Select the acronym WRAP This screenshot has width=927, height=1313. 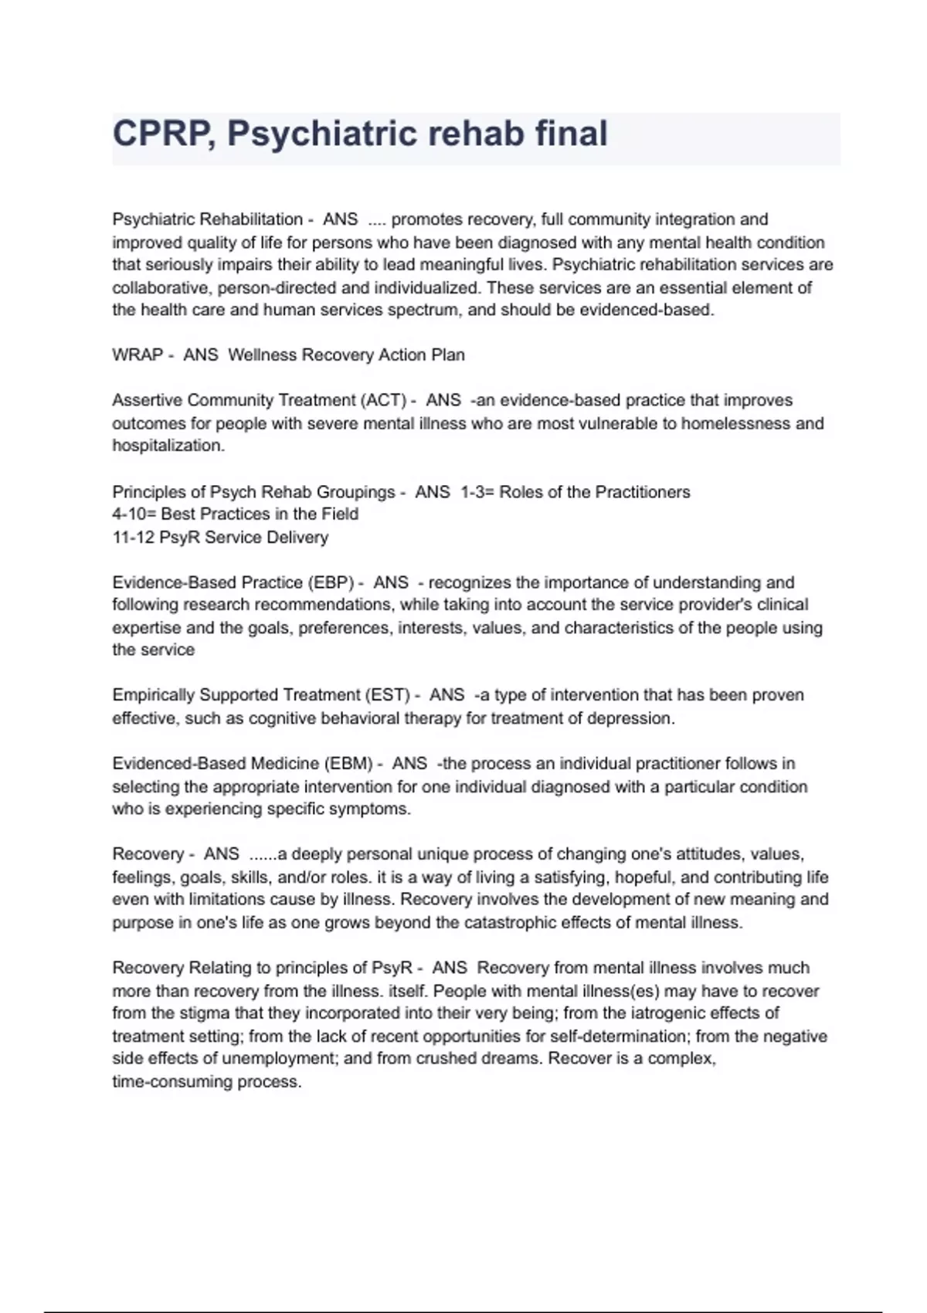pyautogui.click(x=138, y=355)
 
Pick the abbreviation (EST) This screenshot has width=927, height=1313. pyautogui.click(x=386, y=695)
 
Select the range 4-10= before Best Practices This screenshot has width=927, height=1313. pyautogui.click(x=134, y=514)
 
